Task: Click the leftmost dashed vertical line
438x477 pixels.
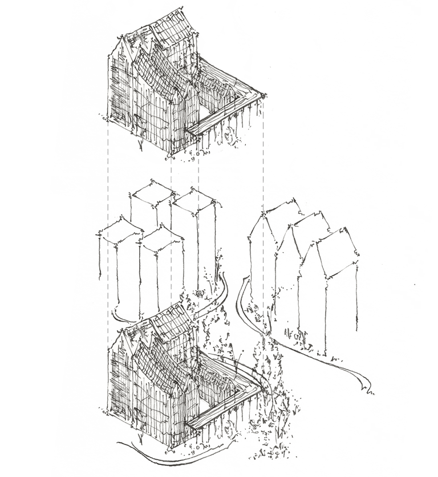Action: pos(108,228)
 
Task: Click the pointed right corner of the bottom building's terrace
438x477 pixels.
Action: pos(263,385)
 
